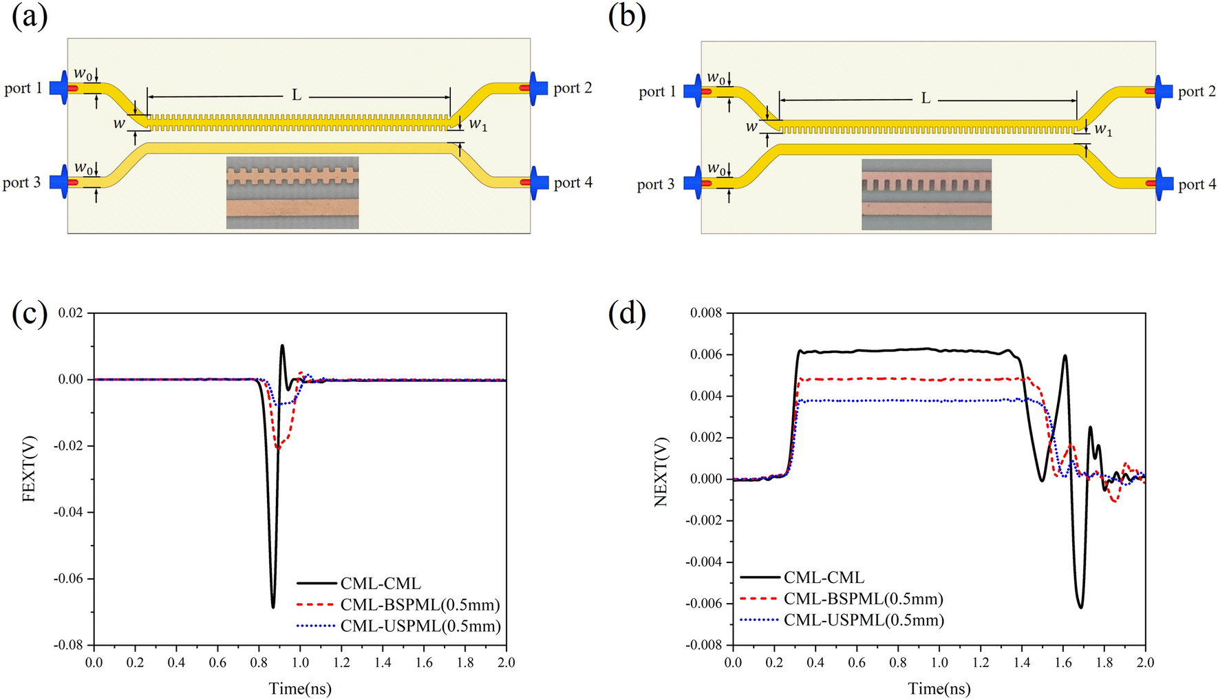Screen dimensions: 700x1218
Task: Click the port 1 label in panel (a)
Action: [23, 88]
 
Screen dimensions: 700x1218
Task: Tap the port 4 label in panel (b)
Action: [1197, 184]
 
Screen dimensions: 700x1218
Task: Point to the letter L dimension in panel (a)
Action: [297, 94]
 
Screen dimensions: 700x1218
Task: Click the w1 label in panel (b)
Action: [1102, 129]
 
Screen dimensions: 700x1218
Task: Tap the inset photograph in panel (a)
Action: [292, 192]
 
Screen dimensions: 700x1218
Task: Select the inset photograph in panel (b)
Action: [926, 194]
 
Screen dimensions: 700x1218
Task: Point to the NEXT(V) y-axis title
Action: [661, 472]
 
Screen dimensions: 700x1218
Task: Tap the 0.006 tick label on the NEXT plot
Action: [706, 355]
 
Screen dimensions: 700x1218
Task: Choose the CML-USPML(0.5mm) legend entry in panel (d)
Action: [863, 620]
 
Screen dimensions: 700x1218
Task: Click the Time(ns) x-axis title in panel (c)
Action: [300, 688]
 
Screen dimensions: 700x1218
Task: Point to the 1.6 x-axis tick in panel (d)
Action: [1063, 662]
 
